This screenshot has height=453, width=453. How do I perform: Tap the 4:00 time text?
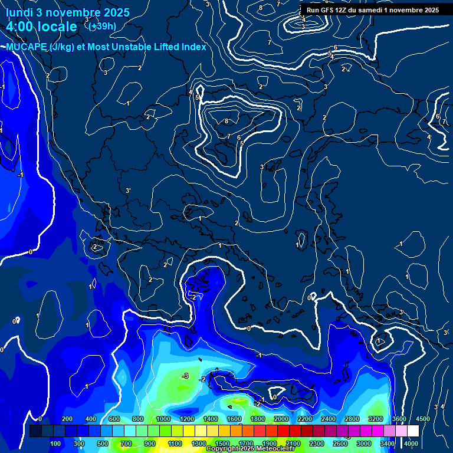point(22,27)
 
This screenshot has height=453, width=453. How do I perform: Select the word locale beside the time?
point(58,27)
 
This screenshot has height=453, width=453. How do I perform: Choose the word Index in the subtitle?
point(193,47)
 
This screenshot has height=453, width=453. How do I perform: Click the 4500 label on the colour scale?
point(423,419)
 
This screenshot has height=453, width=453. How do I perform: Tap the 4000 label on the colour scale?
point(411,443)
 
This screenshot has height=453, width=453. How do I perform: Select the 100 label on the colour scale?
point(56,443)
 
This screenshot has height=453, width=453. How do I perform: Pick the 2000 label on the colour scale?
point(281,419)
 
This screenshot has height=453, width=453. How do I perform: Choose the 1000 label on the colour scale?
point(163,419)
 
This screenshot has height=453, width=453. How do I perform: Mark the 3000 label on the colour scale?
point(364,443)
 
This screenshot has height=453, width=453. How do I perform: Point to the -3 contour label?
point(185,376)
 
